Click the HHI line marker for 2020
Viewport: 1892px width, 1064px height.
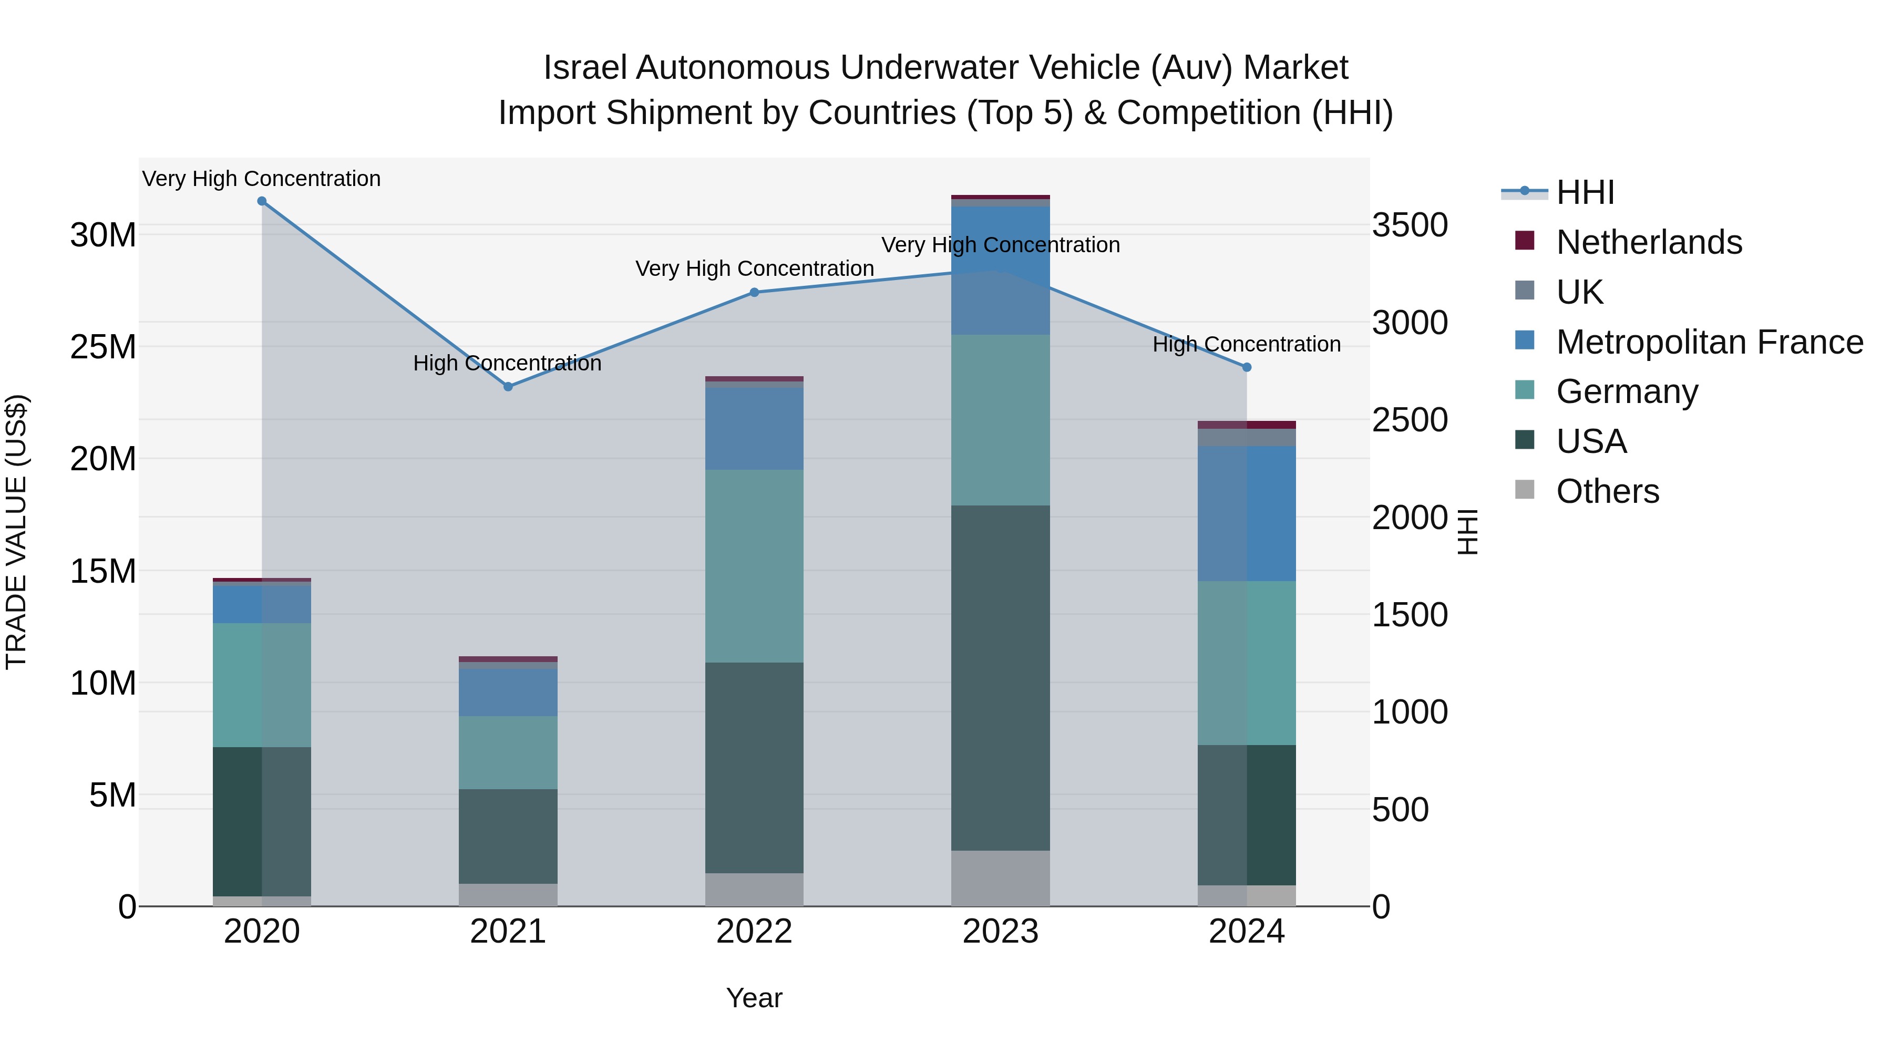click(x=262, y=201)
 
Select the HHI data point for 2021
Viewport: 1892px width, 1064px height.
click(x=508, y=386)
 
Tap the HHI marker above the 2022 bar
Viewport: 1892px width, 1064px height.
click(x=754, y=292)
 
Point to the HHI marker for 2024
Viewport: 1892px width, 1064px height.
click(x=1247, y=367)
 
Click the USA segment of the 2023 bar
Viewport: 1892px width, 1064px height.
click(x=1000, y=677)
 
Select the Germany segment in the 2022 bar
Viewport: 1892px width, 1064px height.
click(x=754, y=565)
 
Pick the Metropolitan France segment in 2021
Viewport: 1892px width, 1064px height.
click(x=508, y=691)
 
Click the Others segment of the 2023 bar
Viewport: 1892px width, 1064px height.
click(x=1000, y=878)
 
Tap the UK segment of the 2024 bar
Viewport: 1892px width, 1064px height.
click(x=1247, y=438)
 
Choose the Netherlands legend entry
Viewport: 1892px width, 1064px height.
click(x=1648, y=242)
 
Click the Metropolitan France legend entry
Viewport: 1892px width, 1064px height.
click(x=1709, y=342)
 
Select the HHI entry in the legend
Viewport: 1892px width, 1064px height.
click(x=1585, y=192)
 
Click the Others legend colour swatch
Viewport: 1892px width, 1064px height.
click(x=1525, y=490)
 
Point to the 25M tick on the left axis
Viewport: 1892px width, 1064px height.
click(x=103, y=347)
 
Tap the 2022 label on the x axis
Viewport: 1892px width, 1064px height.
click(x=754, y=932)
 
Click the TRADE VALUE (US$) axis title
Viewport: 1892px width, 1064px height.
click(x=16, y=532)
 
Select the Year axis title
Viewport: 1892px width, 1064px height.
click(x=754, y=998)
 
